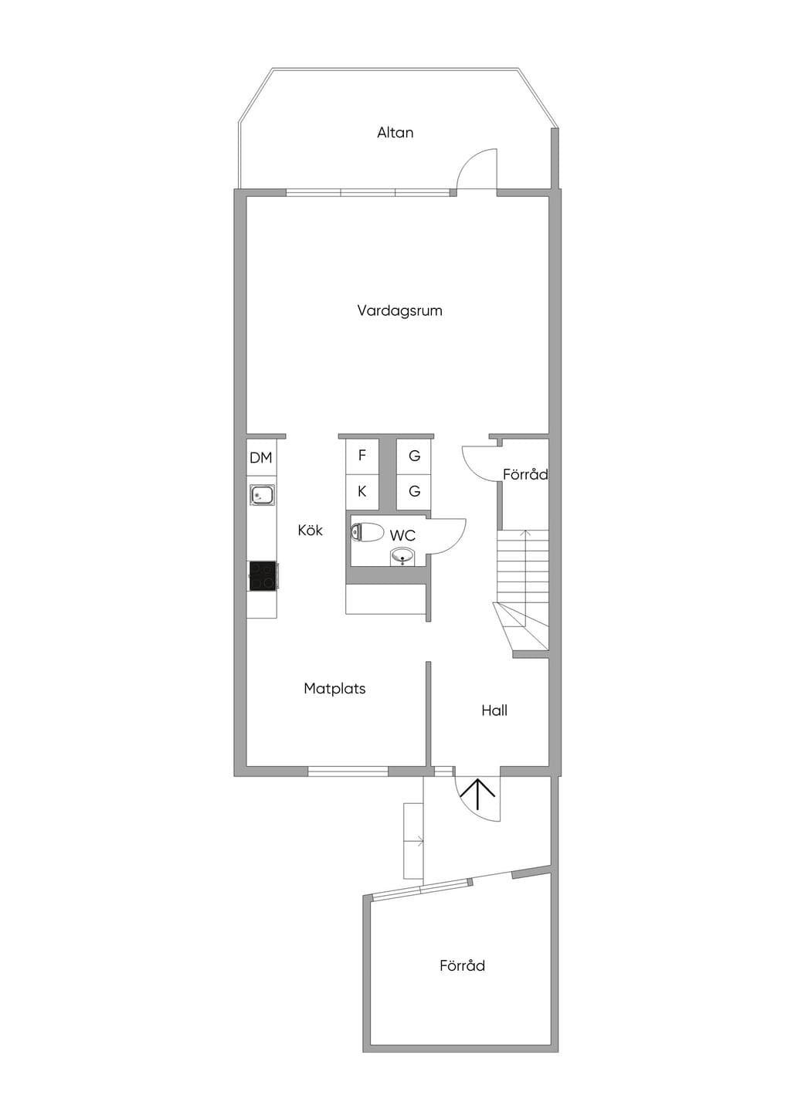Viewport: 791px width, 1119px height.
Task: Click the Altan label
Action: pyautogui.click(x=395, y=133)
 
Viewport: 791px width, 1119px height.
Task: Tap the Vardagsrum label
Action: pyautogui.click(x=399, y=311)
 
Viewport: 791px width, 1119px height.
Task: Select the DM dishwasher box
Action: pyautogui.click(x=261, y=458)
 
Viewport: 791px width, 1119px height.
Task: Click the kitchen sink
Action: pyautogui.click(x=263, y=496)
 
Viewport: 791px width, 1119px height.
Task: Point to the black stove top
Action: pyautogui.click(x=263, y=575)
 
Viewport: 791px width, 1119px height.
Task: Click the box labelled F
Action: pyautogui.click(x=362, y=456)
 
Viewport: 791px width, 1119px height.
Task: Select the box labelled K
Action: pyautogui.click(x=362, y=492)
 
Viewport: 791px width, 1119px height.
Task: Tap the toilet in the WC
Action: pyautogui.click(x=367, y=531)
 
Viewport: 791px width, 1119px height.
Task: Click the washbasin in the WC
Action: pyautogui.click(x=402, y=556)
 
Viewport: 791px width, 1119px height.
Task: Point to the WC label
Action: pyautogui.click(x=402, y=536)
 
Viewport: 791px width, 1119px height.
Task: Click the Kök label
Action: pyautogui.click(x=311, y=530)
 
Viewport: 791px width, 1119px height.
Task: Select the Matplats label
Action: pyautogui.click(x=334, y=689)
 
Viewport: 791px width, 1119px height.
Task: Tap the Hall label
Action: pyautogui.click(x=494, y=711)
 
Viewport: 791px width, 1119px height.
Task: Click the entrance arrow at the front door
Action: pyautogui.click(x=479, y=795)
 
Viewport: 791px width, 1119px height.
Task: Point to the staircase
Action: pyautogui.click(x=522, y=593)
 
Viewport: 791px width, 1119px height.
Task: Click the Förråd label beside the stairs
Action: pyautogui.click(x=525, y=475)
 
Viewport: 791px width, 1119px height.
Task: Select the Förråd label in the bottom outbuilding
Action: pyautogui.click(x=462, y=965)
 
